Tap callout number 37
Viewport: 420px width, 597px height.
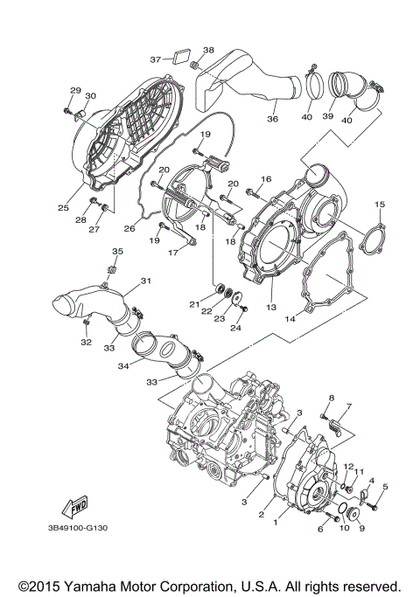155,59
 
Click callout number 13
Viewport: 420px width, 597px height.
271,309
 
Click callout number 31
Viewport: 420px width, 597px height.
146,281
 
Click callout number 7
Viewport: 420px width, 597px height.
347,406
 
